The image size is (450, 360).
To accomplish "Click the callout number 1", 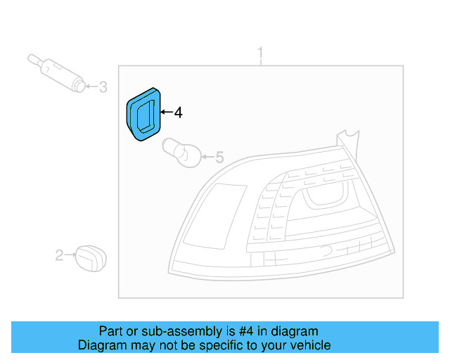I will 261,53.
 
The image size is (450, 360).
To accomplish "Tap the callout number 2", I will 59,255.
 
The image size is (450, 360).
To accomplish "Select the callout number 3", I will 103,87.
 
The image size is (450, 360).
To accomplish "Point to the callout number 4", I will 178,112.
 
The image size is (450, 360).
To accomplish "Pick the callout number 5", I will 219,157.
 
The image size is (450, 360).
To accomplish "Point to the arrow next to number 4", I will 166,112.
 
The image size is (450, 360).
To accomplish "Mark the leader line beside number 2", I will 70,255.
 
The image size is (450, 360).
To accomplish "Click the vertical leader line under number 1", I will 261,63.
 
